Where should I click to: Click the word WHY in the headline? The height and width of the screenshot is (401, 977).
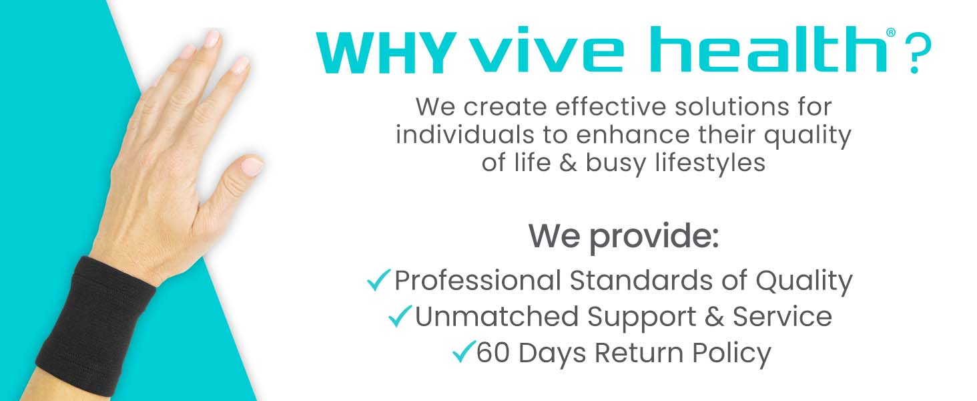pyautogui.click(x=386, y=51)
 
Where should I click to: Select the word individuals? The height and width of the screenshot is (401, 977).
pyautogui.click(x=460, y=135)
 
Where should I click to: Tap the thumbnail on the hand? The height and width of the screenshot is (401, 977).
pyautogui.click(x=252, y=164)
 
